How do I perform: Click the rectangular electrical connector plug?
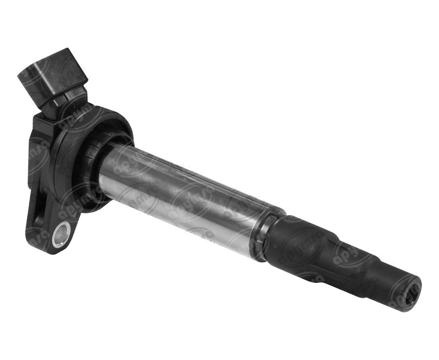(51, 77)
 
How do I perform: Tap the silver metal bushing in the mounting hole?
(60, 235)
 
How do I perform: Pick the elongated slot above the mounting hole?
(41, 206)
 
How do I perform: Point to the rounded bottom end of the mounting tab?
(47, 249)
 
